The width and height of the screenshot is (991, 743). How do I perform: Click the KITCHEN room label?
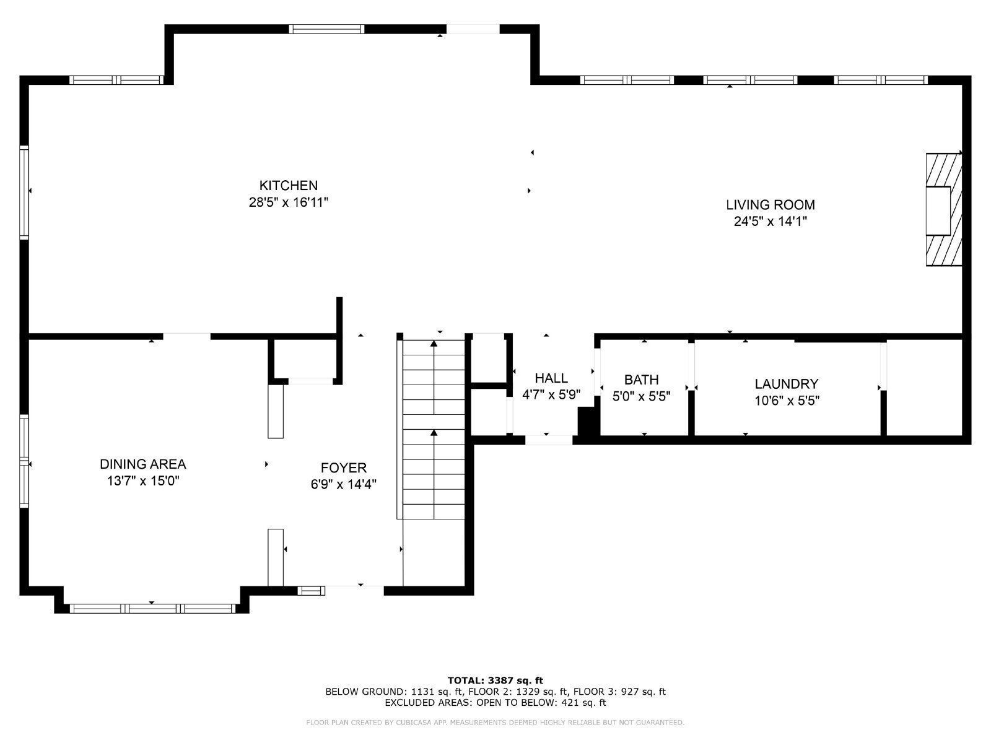pos(288,185)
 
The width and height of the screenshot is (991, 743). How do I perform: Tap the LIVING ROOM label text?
pos(770,204)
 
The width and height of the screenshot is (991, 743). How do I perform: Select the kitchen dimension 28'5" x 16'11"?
pos(288,202)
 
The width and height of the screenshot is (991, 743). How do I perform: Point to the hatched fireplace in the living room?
pos(943,209)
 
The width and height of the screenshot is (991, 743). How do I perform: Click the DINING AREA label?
pos(143,464)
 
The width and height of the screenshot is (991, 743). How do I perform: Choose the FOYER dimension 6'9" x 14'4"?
pos(344,484)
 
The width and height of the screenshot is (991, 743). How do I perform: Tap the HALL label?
pos(551,378)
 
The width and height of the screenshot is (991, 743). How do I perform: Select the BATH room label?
pos(641,380)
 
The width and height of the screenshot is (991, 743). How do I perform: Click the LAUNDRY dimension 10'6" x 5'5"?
pos(787,401)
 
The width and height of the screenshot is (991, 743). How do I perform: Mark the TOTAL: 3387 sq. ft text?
pos(495,680)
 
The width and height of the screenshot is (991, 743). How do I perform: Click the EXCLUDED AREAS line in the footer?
pos(495,703)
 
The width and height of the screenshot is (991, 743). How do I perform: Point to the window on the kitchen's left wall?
pos(24,192)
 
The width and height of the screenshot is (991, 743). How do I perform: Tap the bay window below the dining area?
pos(152,609)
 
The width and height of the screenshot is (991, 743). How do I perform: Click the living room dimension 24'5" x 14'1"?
pos(770,221)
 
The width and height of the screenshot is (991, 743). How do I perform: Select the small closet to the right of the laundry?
pos(924,387)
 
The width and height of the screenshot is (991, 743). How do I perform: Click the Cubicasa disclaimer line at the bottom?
pos(495,723)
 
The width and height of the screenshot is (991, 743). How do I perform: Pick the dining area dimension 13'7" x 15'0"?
pos(143,480)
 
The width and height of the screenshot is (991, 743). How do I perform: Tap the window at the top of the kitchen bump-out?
pos(327,28)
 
